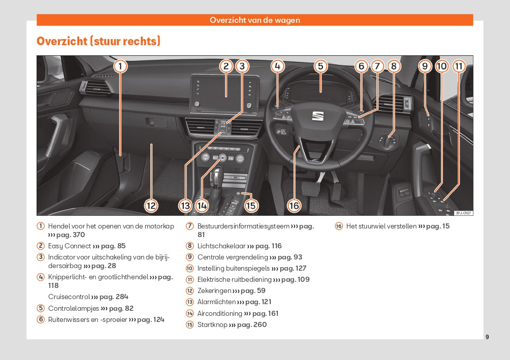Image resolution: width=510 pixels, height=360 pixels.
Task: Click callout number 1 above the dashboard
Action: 120,66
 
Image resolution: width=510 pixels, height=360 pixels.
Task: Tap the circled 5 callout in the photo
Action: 320,66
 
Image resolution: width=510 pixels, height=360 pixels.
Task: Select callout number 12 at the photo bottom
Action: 151,206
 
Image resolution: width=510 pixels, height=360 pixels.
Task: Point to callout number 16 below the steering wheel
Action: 294,206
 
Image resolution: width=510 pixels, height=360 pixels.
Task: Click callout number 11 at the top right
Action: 459,66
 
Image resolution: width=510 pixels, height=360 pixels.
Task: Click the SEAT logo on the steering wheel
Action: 317,116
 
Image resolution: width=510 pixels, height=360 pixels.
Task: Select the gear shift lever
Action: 217,178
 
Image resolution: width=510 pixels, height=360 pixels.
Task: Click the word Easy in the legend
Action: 56,246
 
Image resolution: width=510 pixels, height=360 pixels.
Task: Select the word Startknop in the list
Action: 212,324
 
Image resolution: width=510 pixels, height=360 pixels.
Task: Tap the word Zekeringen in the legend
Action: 214,290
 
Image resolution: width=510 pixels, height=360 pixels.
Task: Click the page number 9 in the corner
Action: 487,337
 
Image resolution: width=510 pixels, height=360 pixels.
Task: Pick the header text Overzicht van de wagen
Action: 255,20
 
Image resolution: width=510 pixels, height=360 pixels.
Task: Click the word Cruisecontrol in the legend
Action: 69,297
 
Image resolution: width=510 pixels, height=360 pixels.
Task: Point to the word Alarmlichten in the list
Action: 216,302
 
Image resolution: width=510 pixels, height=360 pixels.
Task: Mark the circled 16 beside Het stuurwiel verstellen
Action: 339,226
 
